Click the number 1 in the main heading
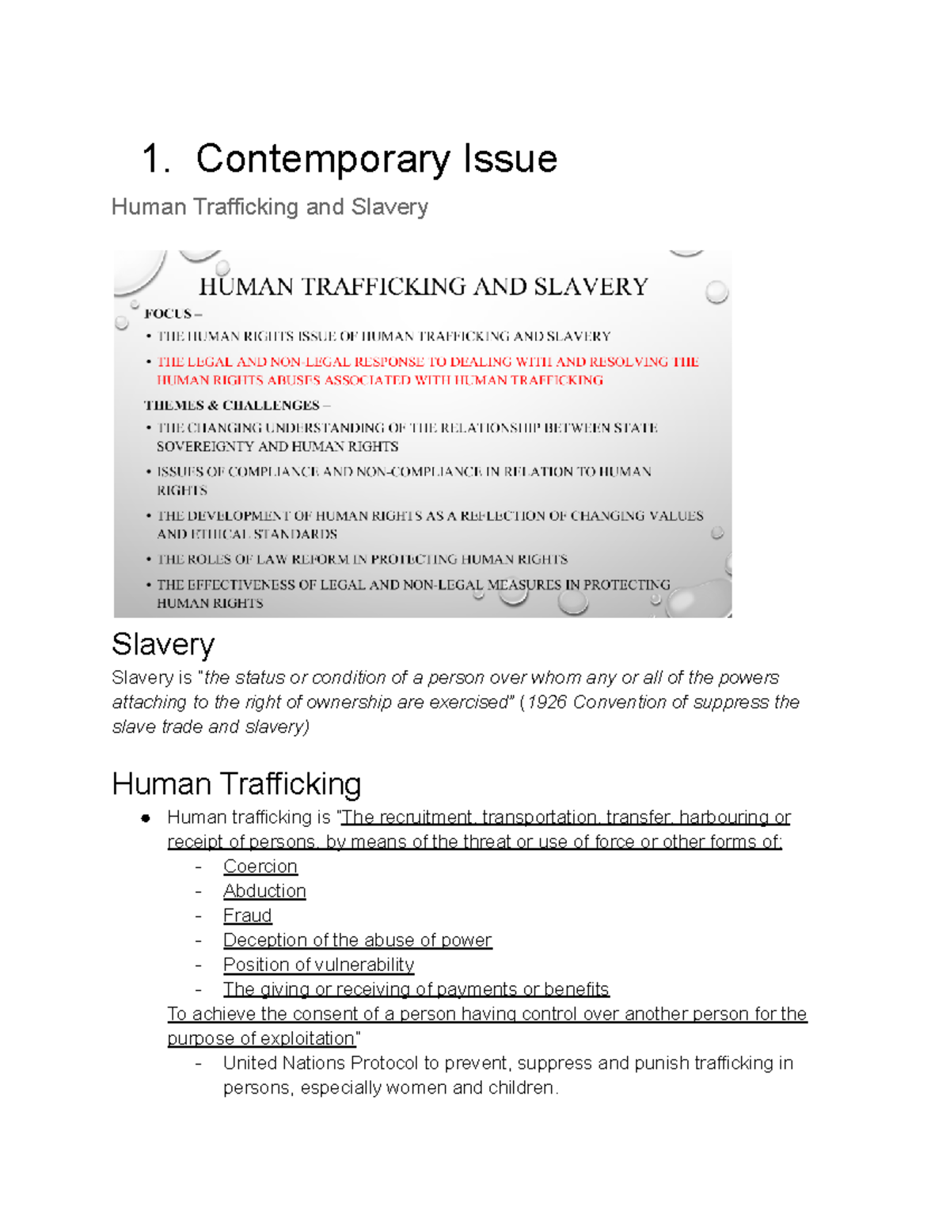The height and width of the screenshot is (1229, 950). pos(152,159)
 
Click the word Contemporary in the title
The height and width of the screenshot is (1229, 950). pos(325,159)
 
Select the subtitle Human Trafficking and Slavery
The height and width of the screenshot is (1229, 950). pos(269,207)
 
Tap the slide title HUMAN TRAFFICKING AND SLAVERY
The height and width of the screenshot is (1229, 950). pos(424,286)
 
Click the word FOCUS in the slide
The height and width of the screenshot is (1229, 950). pos(168,313)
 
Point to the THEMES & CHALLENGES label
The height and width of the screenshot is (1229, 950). pos(231,405)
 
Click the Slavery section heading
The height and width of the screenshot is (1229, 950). pos(163,644)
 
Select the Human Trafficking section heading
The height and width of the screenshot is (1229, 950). pos(236,783)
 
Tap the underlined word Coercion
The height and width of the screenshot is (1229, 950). pos(260,867)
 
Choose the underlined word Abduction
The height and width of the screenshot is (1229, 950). pos(264,891)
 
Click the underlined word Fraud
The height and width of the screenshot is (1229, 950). pos(247,916)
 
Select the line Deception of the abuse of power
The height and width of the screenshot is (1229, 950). pos(357,940)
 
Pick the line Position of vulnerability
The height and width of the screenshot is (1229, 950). pos(318,965)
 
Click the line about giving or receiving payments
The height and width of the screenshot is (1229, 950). pos(416,989)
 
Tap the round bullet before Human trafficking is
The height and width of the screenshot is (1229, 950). pos(146,818)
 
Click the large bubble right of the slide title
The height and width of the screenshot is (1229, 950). pos(716,292)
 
